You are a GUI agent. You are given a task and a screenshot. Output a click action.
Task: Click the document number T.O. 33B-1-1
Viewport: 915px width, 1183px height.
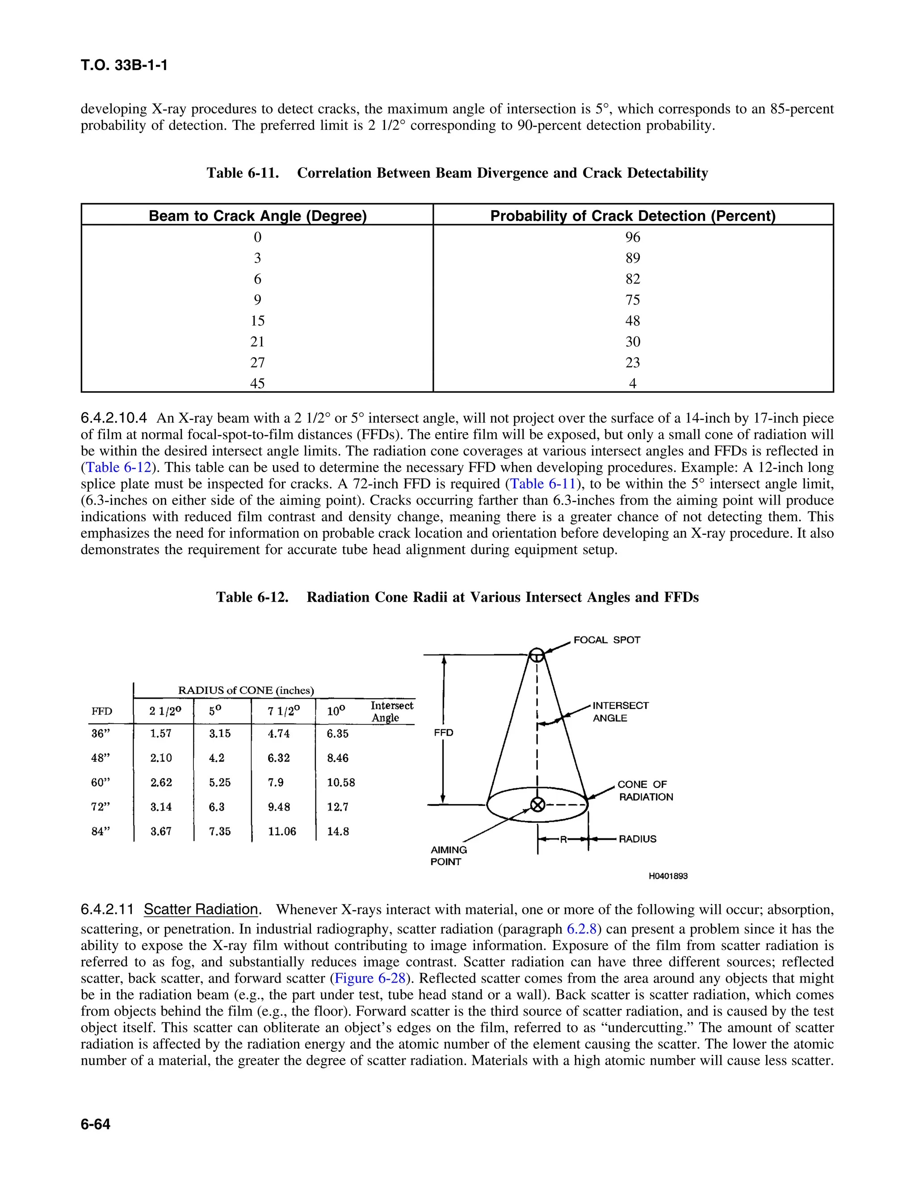(x=124, y=66)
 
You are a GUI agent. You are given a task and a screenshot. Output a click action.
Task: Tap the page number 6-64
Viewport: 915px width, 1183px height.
(x=96, y=1125)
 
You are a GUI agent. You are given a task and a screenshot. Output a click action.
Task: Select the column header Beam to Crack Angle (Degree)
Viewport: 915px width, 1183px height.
(x=257, y=216)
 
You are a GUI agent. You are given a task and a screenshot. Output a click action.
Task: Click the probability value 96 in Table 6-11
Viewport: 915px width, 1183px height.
(x=633, y=237)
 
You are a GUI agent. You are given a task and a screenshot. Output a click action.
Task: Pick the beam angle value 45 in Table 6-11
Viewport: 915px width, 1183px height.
(x=257, y=383)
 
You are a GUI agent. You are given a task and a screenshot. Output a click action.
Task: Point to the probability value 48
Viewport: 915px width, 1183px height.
(x=633, y=321)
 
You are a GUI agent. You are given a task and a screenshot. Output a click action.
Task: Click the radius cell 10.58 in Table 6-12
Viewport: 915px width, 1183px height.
(x=341, y=783)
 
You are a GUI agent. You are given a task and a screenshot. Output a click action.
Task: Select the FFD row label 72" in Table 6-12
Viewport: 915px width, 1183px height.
(x=101, y=807)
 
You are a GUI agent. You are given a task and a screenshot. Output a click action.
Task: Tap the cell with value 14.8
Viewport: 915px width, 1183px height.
(x=338, y=832)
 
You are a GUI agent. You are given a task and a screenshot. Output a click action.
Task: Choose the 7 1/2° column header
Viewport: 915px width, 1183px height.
(x=283, y=711)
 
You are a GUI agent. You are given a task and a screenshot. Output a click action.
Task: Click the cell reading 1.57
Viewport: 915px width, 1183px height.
(x=161, y=734)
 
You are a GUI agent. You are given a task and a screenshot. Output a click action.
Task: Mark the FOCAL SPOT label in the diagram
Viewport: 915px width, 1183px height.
(x=607, y=640)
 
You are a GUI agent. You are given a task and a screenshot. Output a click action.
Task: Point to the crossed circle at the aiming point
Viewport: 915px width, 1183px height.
(x=537, y=805)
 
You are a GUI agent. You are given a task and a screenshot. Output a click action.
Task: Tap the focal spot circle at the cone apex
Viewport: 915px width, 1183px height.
(x=537, y=655)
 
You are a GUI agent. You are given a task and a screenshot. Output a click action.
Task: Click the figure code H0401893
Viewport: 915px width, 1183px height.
(x=668, y=876)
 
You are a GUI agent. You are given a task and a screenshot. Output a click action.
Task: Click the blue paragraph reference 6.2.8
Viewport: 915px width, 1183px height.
(x=582, y=929)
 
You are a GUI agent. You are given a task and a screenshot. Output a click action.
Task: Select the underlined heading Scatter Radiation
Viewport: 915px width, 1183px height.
(x=201, y=909)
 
